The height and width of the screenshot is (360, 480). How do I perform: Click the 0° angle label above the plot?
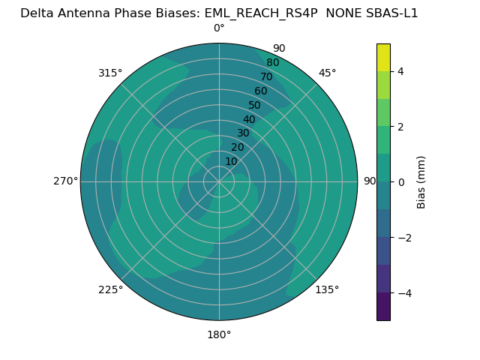tap(219, 28)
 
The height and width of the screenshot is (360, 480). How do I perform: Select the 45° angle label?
tap(327, 73)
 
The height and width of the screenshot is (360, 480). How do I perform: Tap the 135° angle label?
tap(327, 289)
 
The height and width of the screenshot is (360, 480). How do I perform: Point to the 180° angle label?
tap(219, 334)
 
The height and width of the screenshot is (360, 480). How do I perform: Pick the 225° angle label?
tap(110, 289)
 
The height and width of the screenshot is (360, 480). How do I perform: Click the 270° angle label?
tap(65, 181)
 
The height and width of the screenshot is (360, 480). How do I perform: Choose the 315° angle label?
tap(110, 73)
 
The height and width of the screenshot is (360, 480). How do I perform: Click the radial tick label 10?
tap(231, 161)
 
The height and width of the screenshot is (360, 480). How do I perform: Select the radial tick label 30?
tap(243, 133)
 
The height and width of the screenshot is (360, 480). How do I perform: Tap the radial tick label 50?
tap(255, 106)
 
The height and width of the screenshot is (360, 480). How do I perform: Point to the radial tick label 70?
tap(266, 77)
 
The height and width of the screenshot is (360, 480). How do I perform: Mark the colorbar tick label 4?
tap(400, 71)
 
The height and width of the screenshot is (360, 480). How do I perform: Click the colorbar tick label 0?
tap(400, 182)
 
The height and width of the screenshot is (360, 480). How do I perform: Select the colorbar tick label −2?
tap(403, 238)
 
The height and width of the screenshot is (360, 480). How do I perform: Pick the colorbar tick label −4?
tap(403, 293)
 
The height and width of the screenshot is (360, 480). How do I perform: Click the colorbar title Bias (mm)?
tap(421, 182)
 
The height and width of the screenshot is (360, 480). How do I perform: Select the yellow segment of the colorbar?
tap(383, 57)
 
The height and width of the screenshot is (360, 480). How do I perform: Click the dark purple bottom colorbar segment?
tap(383, 307)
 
